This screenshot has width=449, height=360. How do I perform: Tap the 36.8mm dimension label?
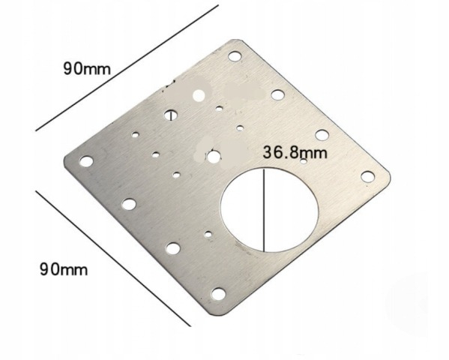295,151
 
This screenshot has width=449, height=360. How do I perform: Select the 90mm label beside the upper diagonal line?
86,68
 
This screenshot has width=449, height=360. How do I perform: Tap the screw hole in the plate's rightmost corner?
367,175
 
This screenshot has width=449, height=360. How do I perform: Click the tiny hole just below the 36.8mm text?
303,162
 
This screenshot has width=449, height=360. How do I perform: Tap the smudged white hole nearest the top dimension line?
199,95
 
